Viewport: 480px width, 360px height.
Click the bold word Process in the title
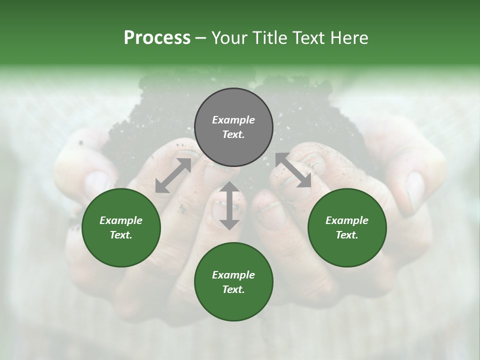(x=157, y=38)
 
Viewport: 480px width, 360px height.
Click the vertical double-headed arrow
(x=229, y=205)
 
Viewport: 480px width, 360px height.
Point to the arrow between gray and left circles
(x=173, y=175)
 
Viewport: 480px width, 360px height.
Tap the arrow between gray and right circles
(x=293, y=170)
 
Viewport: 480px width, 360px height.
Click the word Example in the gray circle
(x=233, y=120)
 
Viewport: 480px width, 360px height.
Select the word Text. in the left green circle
(x=121, y=235)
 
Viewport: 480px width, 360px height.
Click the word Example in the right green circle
(x=347, y=220)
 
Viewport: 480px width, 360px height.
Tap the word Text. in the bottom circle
(x=233, y=289)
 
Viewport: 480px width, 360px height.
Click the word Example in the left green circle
(x=121, y=220)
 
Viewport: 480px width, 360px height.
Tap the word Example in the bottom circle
(x=233, y=275)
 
